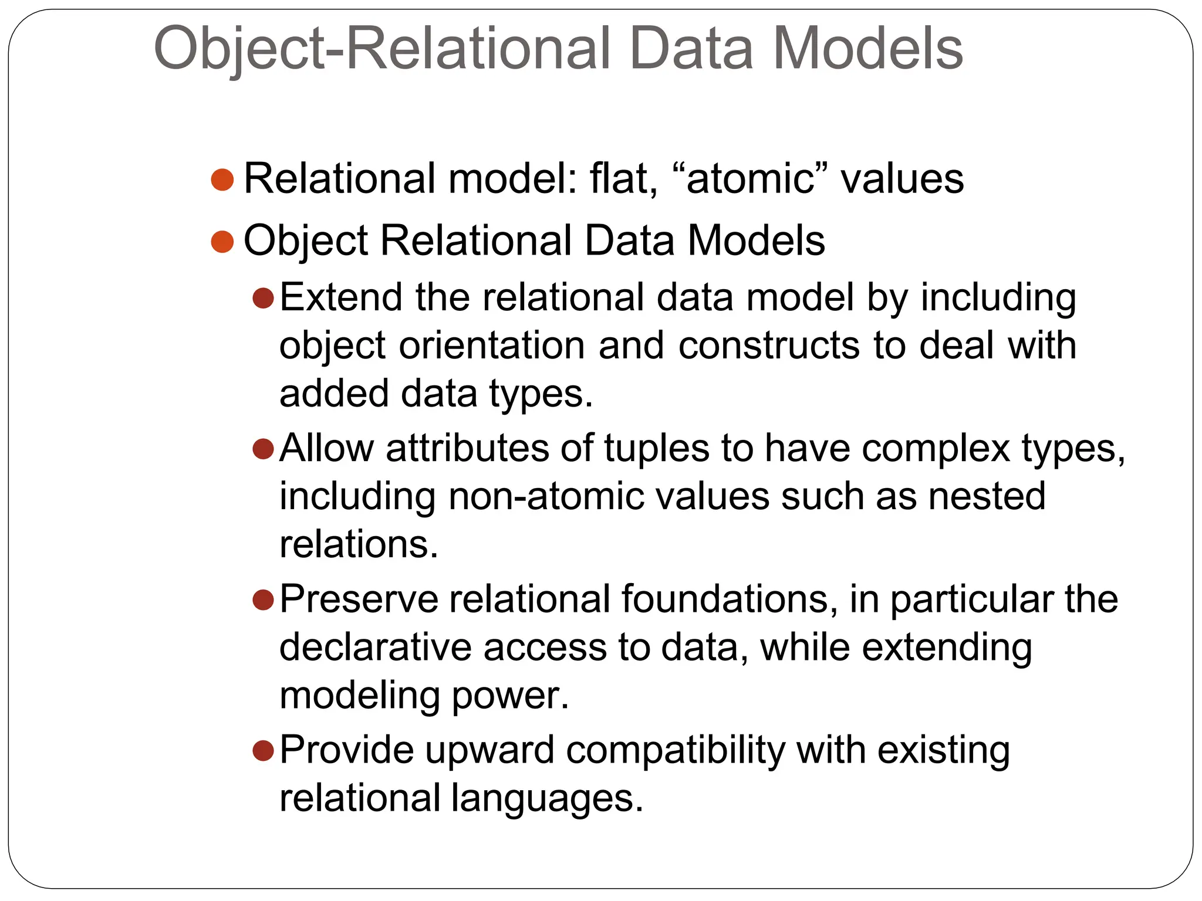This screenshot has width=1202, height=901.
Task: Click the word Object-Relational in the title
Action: pos(381,49)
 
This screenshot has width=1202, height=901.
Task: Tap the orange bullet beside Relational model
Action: pos(222,179)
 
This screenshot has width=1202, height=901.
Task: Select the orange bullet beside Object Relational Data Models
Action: pos(222,241)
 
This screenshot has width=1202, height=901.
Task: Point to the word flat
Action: pos(623,179)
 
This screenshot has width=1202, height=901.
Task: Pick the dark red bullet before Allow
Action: pos(264,449)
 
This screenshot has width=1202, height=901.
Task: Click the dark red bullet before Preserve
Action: pos(264,600)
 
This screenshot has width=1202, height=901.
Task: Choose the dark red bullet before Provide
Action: pos(264,750)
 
